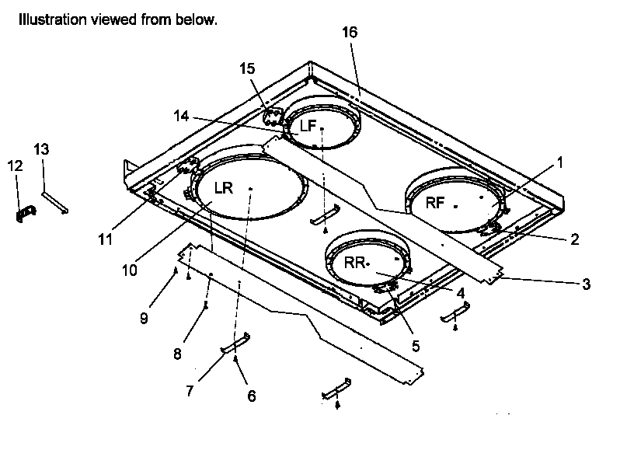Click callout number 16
tap(350, 32)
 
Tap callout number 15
tap(247, 69)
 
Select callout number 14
tap(181, 116)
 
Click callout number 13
tap(41, 148)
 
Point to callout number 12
tap(16, 166)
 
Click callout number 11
tap(105, 239)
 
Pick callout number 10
tap(129, 270)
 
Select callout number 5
tap(416, 345)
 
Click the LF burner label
tap(307, 126)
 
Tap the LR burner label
tap(224, 188)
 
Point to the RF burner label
tap(435, 204)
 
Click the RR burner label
tap(355, 263)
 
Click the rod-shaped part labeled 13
tap(55, 201)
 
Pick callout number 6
tap(251, 395)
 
